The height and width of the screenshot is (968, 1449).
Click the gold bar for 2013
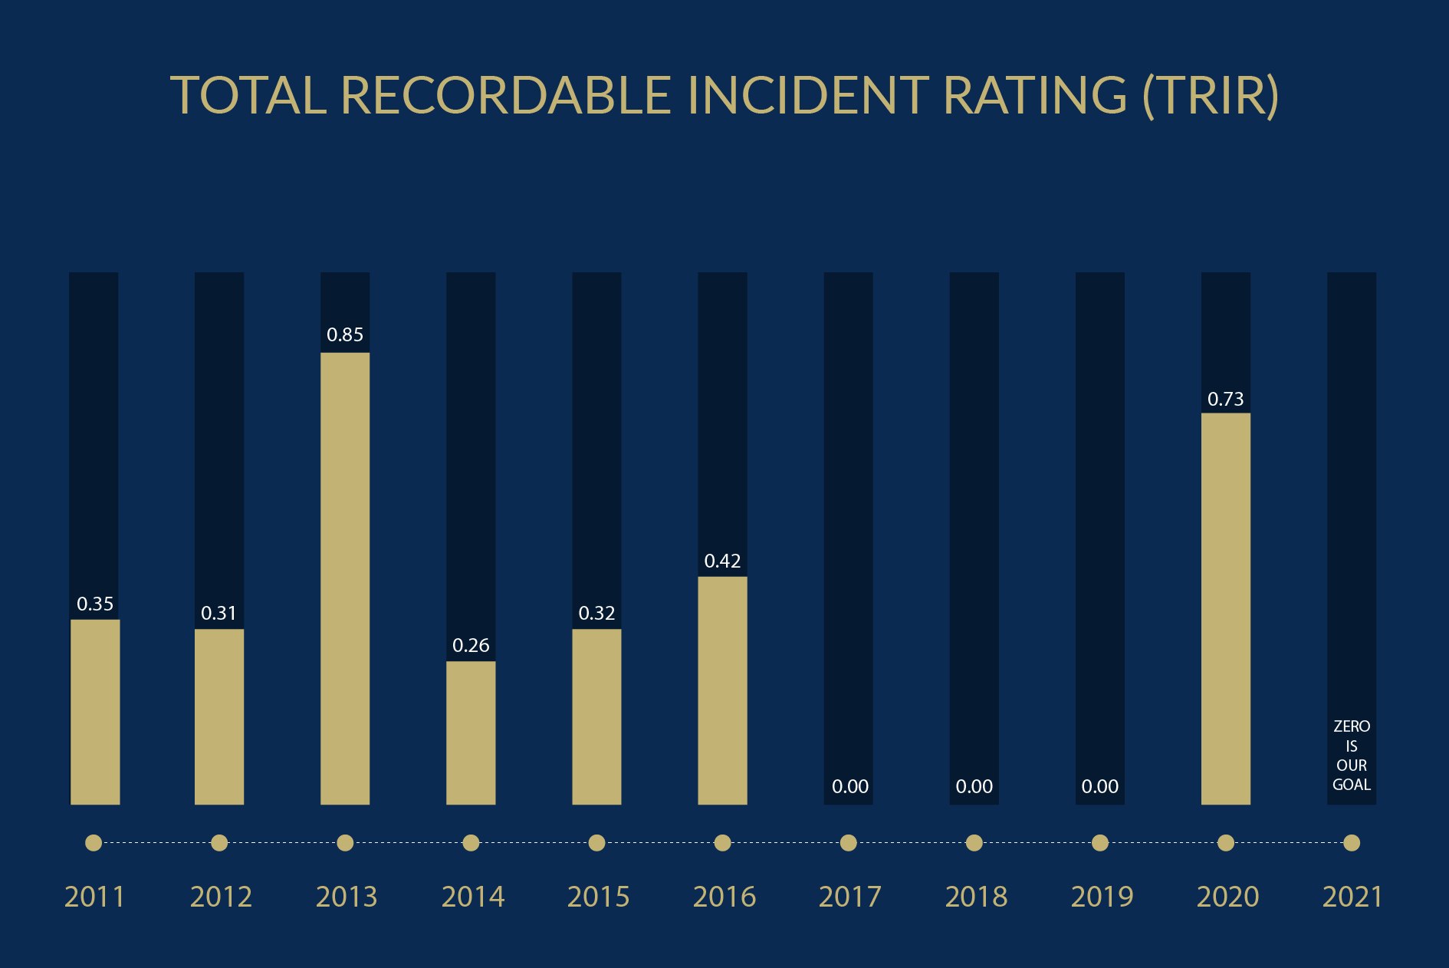coord(345,578)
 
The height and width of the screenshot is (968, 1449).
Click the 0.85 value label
coord(345,335)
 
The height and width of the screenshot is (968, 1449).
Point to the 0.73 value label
coord(1225,400)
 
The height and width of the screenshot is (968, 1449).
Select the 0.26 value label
coord(471,646)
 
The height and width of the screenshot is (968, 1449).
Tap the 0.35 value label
coord(95,604)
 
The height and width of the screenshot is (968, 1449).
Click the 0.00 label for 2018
coord(974,787)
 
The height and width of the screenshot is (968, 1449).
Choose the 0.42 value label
coord(722,561)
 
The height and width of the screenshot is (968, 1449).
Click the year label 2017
coord(849,897)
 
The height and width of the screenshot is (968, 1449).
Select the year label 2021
coord(1352,897)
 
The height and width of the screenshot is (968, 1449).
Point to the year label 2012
coord(221,897)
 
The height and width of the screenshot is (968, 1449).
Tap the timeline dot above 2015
coord(596,843)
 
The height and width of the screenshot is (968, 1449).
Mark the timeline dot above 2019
coord(1100,843)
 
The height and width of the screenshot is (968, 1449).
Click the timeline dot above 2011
coord(94,843)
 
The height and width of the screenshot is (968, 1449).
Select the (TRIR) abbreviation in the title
coord(1210,96)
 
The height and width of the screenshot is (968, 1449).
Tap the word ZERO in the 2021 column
coord(1352,726)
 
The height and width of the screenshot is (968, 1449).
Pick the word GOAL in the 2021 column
coord(1352,785)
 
